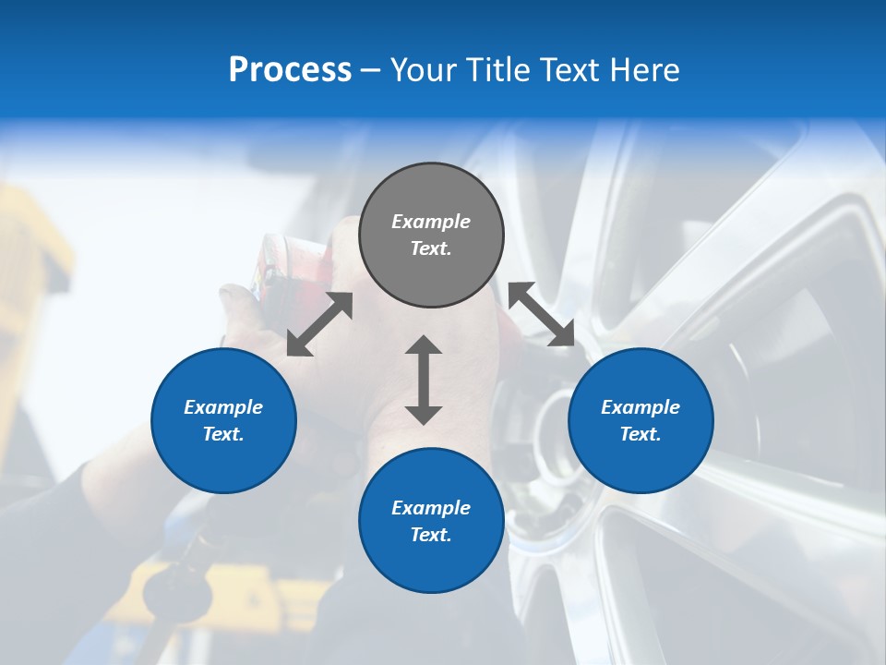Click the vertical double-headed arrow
pos(424,380)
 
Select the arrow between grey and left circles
pos(319,324)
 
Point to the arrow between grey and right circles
pos(541,314)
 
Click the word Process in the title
pos(290,70)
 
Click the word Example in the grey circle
pos(431,222)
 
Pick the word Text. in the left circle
pos(223,434)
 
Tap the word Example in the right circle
pos(641,407)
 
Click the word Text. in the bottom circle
pos(431,535)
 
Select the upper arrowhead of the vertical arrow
pos(424,345)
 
